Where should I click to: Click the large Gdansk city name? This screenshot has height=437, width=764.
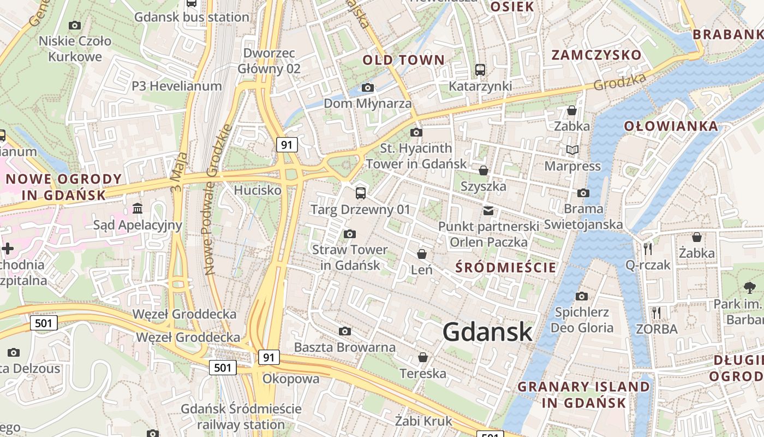click(x=487, y=332)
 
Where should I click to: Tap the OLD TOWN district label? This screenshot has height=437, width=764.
click(x=404, y=60)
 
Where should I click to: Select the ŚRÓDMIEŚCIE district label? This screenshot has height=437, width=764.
click(x=506, y=267)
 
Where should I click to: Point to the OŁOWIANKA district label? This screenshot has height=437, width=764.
click(x=671, y=126)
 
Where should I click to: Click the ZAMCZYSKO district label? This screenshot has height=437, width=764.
click(x=596, y=55)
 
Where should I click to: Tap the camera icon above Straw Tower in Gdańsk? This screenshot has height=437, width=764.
click(x=350, y=234)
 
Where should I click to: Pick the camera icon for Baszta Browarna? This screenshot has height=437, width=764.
click(x=345, y=332)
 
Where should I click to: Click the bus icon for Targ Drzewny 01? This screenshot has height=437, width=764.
click(x=360, y=193)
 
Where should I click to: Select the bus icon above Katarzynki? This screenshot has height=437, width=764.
click(x=480, y=70)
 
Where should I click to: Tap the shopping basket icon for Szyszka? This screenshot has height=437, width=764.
click(x=483, y=170)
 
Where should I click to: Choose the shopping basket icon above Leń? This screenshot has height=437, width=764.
click(x=421, y=254)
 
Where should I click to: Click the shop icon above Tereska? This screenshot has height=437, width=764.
click(x=422, y=358)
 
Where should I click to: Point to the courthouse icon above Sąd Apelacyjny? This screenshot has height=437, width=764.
click(x=138, y=209)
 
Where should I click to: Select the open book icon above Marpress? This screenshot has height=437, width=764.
click(x=572, y=150)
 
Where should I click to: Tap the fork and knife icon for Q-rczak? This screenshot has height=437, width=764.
click(x=648, y=249)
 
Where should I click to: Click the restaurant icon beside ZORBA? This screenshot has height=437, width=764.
click(x=656, y=313)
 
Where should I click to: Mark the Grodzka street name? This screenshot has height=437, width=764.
click(x=619, y=82)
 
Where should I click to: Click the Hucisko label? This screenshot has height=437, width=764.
click(x=258, y=190)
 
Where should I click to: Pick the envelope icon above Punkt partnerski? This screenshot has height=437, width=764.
click(x=488, y=210)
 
